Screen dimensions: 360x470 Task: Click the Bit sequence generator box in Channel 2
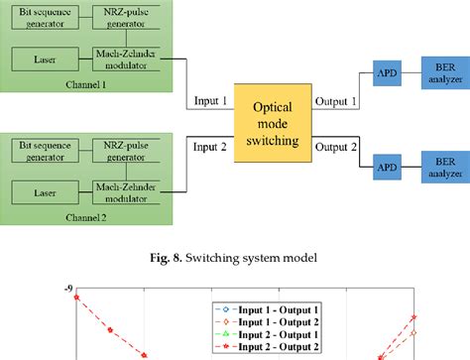pyautogui.click(x=41, y=152)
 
